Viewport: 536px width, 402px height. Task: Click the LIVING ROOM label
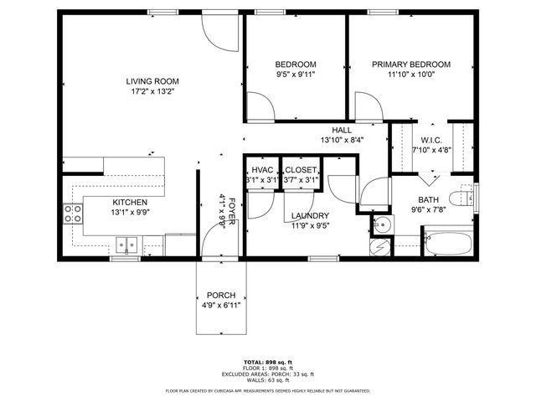[x=152, y=81]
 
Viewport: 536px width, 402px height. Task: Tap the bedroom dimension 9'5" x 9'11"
[x=296, y=74]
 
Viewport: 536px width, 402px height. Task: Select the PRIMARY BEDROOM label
[x=411, y=64]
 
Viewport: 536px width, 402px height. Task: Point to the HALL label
[x=341, y=131]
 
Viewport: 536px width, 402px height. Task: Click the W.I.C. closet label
[x=431, y=140]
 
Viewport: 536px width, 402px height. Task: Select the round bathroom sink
[x=382, y=224]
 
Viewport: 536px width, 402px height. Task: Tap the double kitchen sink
[x=127, y=245]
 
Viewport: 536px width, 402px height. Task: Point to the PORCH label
[x=221, y=296]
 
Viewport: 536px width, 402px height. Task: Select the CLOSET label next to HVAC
[x=301, y=170]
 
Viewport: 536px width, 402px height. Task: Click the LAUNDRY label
[x=310, y=215]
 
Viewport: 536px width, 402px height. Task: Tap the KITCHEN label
[x=131, y=203]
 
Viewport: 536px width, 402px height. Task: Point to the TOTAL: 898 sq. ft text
[x=268, y=363]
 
